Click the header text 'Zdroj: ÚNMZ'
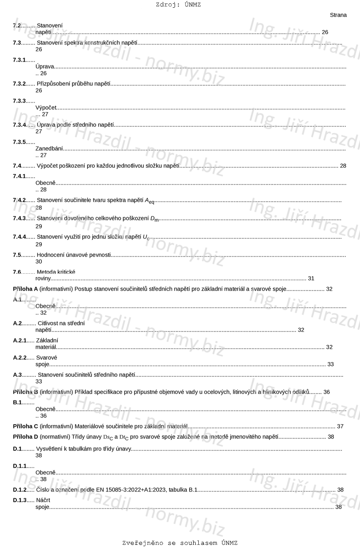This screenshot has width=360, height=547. tap(178, 5)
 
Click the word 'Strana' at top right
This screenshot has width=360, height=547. tap(338, 15)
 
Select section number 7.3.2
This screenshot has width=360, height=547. tap(19, 84)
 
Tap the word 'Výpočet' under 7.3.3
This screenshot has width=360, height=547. tap(46, 108)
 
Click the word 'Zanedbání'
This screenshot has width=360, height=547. tap(49, 149)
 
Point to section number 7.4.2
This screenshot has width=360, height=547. tap(19, 200)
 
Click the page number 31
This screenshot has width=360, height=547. tap(311, 278)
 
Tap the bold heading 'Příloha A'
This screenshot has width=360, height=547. tap(25, 289)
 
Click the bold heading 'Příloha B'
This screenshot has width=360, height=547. tap(25, 392)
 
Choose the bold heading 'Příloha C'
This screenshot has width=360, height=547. tap(25, 426)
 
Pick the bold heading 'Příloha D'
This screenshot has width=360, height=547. tap(25, 437)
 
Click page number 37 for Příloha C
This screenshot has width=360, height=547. tap(340, 426)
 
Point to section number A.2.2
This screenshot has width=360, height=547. tap(20, 358)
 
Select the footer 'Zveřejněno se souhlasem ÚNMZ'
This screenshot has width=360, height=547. tap(180, 543)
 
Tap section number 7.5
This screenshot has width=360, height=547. tap(17, 255)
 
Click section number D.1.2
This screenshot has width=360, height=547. tap(20, 490)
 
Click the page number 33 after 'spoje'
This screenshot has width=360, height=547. tap(331, 364)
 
